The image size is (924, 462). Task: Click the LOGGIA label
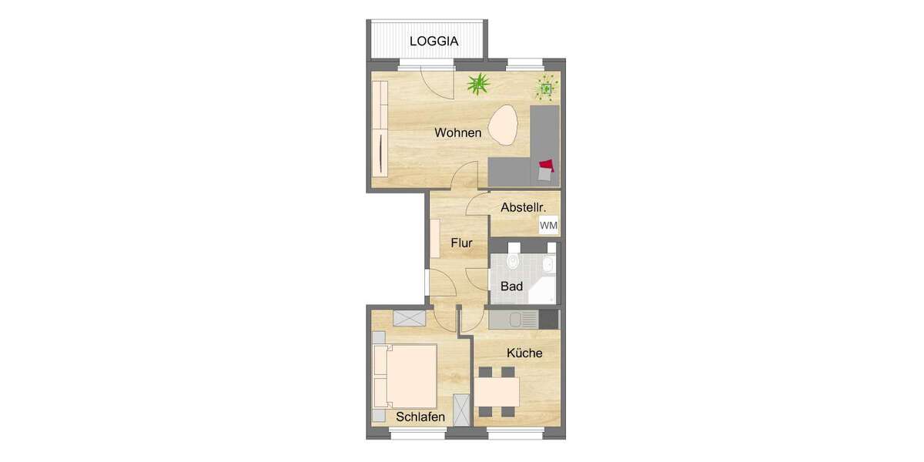434,42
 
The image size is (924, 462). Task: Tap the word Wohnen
457,133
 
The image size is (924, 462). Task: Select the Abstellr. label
524,207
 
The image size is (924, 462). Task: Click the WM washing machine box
549,226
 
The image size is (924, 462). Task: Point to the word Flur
461,244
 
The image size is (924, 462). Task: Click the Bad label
511,286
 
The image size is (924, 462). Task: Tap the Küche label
524,353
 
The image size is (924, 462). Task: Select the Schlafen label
420,417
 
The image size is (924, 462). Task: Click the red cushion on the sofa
547,165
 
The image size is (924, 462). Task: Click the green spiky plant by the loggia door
478,83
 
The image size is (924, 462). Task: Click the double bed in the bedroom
405,377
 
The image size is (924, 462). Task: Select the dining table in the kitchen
497,392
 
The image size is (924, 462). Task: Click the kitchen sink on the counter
528,318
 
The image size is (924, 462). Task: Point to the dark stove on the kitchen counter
549,318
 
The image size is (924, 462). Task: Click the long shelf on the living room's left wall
379,128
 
